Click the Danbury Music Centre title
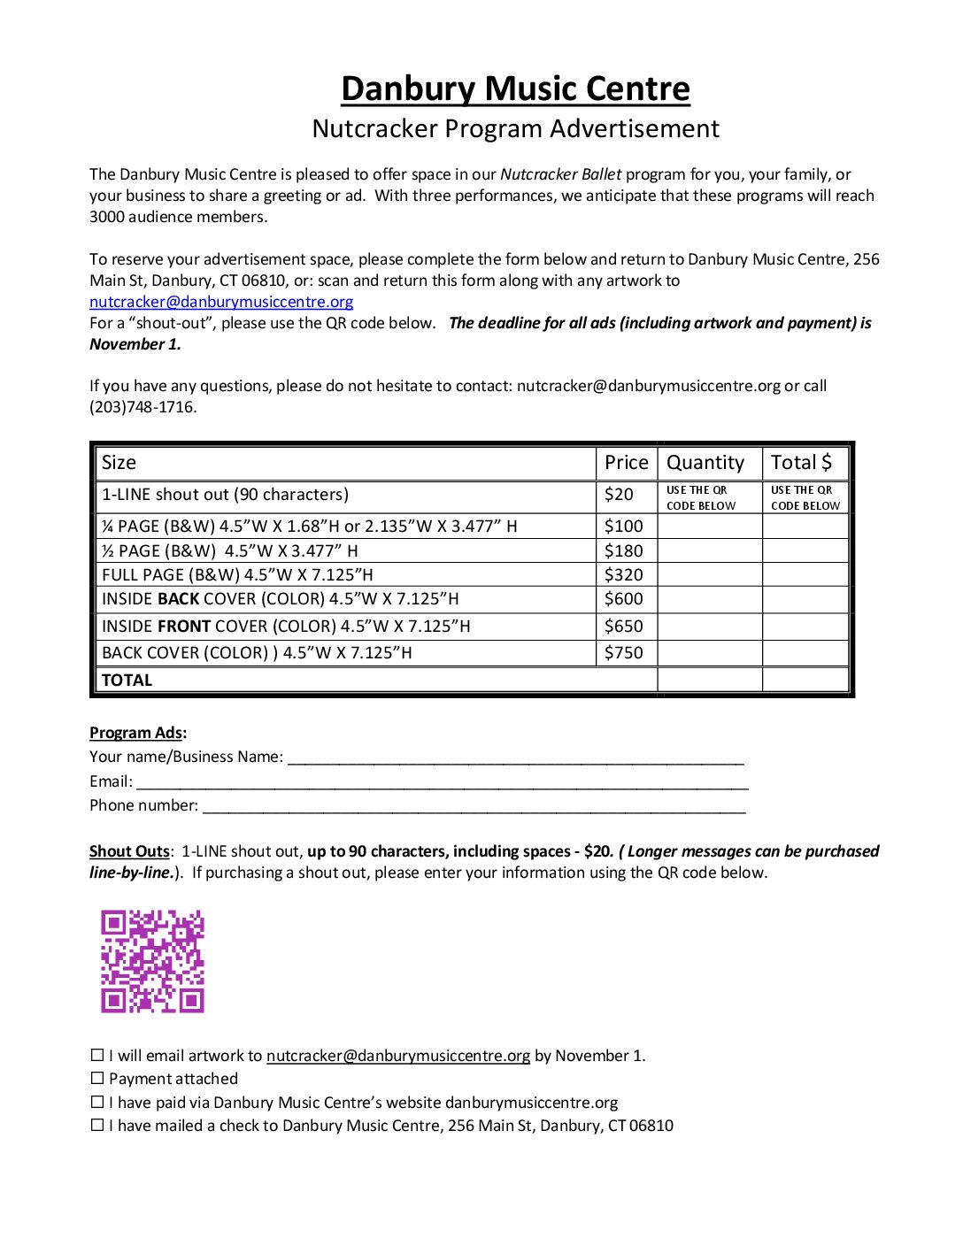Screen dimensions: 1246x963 [x=515, y=89]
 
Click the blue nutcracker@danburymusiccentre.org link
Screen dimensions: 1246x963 [x=221, y=302]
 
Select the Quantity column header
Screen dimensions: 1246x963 [x=705, y=463]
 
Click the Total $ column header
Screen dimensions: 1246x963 [x=801, y=463]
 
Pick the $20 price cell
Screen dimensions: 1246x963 [x=620, y=495]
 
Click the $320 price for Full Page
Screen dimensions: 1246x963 [x=624, y=575]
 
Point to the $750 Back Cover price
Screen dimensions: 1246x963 [x=624, y=653]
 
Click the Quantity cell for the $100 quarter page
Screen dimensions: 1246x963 [x=710, y=527]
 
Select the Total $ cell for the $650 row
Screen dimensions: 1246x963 [x=805, y=627]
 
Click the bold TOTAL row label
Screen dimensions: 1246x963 [x=127, y=681]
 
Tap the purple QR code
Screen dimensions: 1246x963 [x=152, y=961]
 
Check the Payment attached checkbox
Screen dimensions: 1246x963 [x=97, y=1079]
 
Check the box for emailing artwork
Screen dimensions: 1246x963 [x=97, y=1056]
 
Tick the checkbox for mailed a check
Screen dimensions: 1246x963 [x=97, y=1126]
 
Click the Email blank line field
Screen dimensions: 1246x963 [x=443, y=782]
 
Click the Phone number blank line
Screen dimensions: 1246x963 [x=474, y=806]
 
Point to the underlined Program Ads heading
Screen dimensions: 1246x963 [x=136, y=734]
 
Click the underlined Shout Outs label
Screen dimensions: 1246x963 [x=129, y=851]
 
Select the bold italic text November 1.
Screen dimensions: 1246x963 [x=135, y=344]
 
